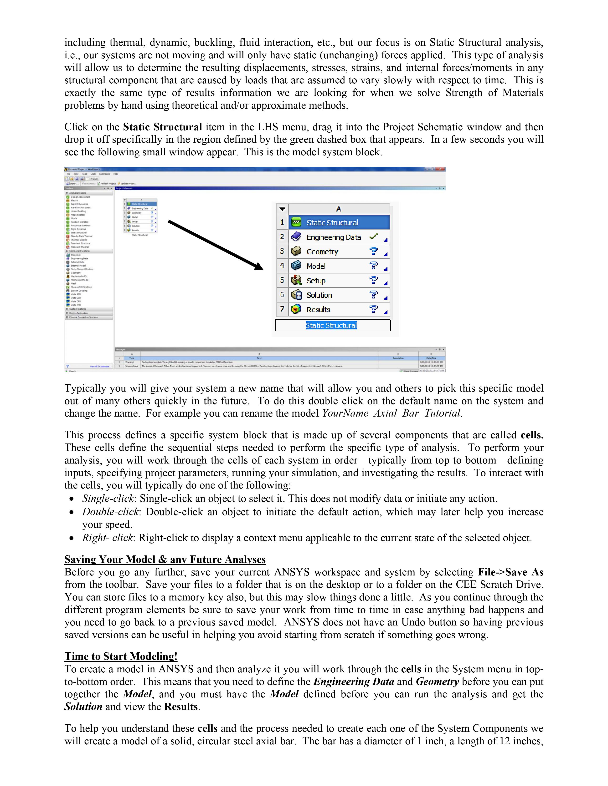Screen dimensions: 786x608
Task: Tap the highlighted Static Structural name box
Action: pos(331,325)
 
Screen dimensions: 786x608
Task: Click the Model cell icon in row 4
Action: pos(296,266)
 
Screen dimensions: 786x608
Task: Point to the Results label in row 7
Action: pos(318,309)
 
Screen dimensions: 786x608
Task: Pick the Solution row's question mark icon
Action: pos(374,295)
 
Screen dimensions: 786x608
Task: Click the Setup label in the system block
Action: pos(316,281)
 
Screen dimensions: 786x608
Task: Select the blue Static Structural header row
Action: pos(339,222)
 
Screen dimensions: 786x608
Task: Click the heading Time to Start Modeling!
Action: pos(121,656)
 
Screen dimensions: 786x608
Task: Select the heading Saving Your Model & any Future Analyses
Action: pos(165,559)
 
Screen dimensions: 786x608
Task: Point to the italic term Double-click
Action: pos(110,512)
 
